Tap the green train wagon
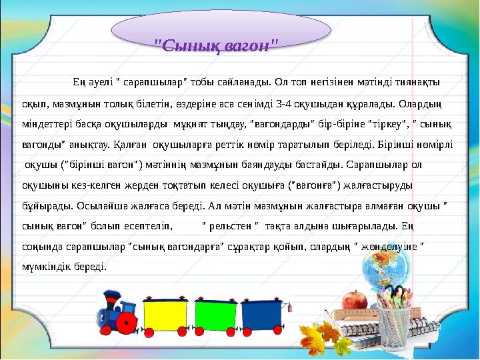point(217,315)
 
